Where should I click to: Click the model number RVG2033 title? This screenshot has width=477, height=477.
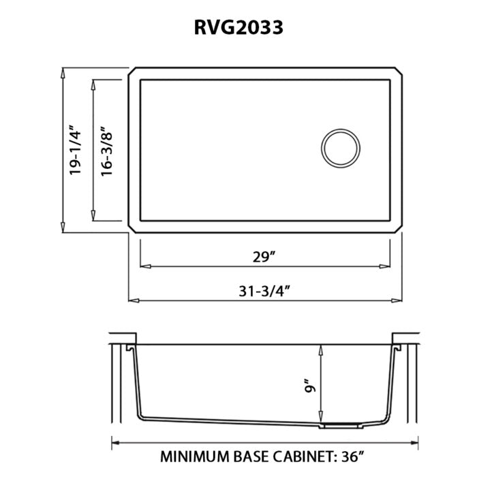point(238,27)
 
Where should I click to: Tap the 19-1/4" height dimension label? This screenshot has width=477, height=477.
point(75,151)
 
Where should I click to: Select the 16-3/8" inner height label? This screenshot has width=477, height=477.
point(106,151)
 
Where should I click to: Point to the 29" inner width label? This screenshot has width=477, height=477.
point(262,257)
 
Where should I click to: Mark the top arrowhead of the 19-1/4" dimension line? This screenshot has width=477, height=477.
point(63,72)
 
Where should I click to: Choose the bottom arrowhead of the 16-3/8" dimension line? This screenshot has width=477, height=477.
point(93,217)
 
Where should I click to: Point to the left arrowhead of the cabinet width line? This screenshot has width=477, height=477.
point(114,440)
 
